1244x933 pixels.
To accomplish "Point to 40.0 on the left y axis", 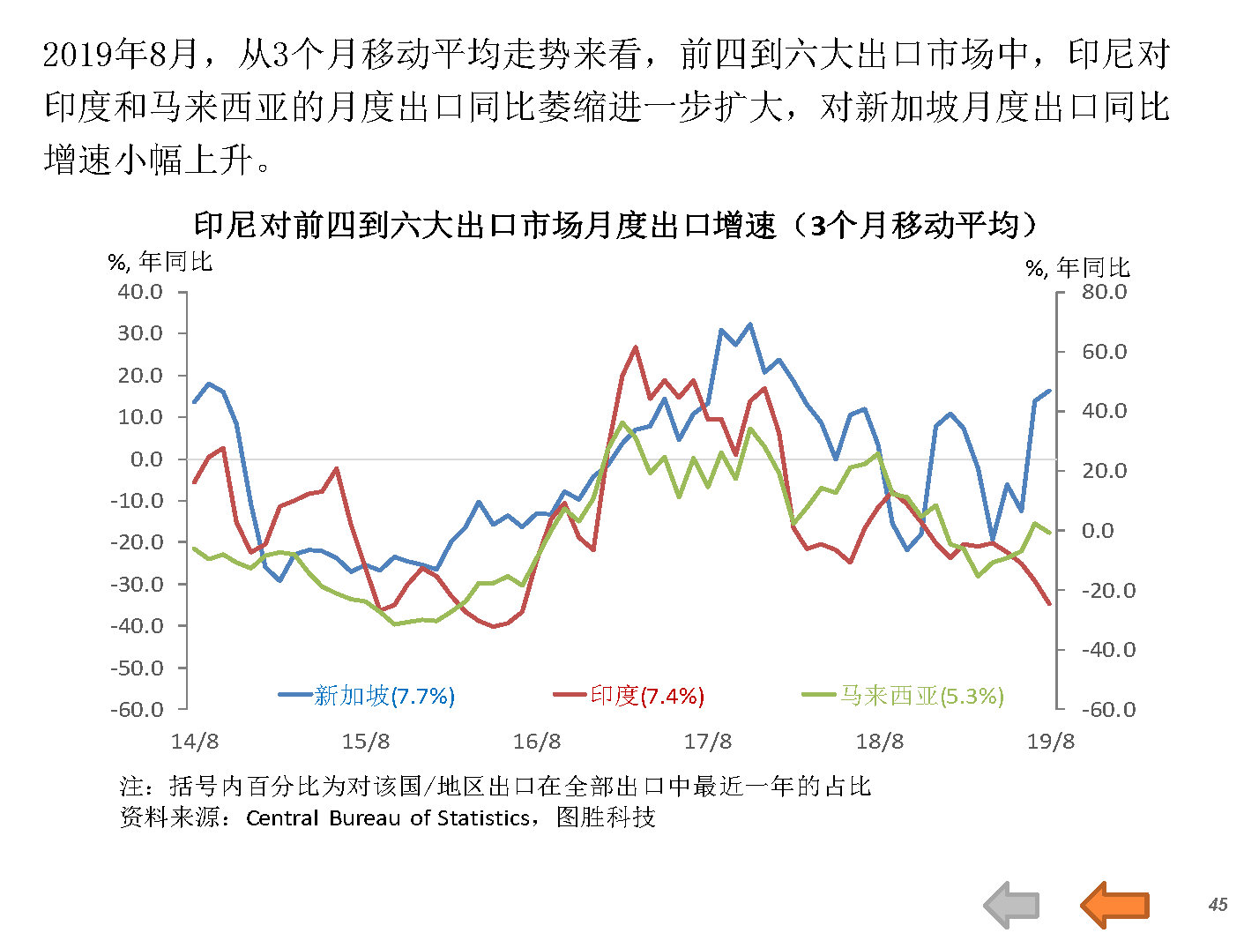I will pos(140,292).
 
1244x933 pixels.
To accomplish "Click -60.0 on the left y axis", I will pos(137,710).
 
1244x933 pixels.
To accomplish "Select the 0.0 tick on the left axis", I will pos(146,459).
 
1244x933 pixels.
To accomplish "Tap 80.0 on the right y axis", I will pos(1104,292).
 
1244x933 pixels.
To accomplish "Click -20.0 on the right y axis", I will pos(1108,590).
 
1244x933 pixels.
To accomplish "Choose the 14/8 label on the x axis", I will pos(195,741).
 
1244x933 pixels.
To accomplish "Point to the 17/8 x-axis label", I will pos(708,741).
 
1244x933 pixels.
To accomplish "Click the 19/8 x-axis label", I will pos(1050,741).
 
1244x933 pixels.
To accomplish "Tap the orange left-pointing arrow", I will pos(1114,905).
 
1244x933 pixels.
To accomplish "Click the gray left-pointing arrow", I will pos(1012,905).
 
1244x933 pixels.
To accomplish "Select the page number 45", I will pos(1218,905).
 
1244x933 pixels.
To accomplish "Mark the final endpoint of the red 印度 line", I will pos(1049,604).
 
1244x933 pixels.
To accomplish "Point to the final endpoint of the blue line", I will pos(1049,391).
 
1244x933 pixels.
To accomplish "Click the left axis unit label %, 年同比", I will pos(160,262).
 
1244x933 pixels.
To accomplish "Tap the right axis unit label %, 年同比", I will pos(1077,267).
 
